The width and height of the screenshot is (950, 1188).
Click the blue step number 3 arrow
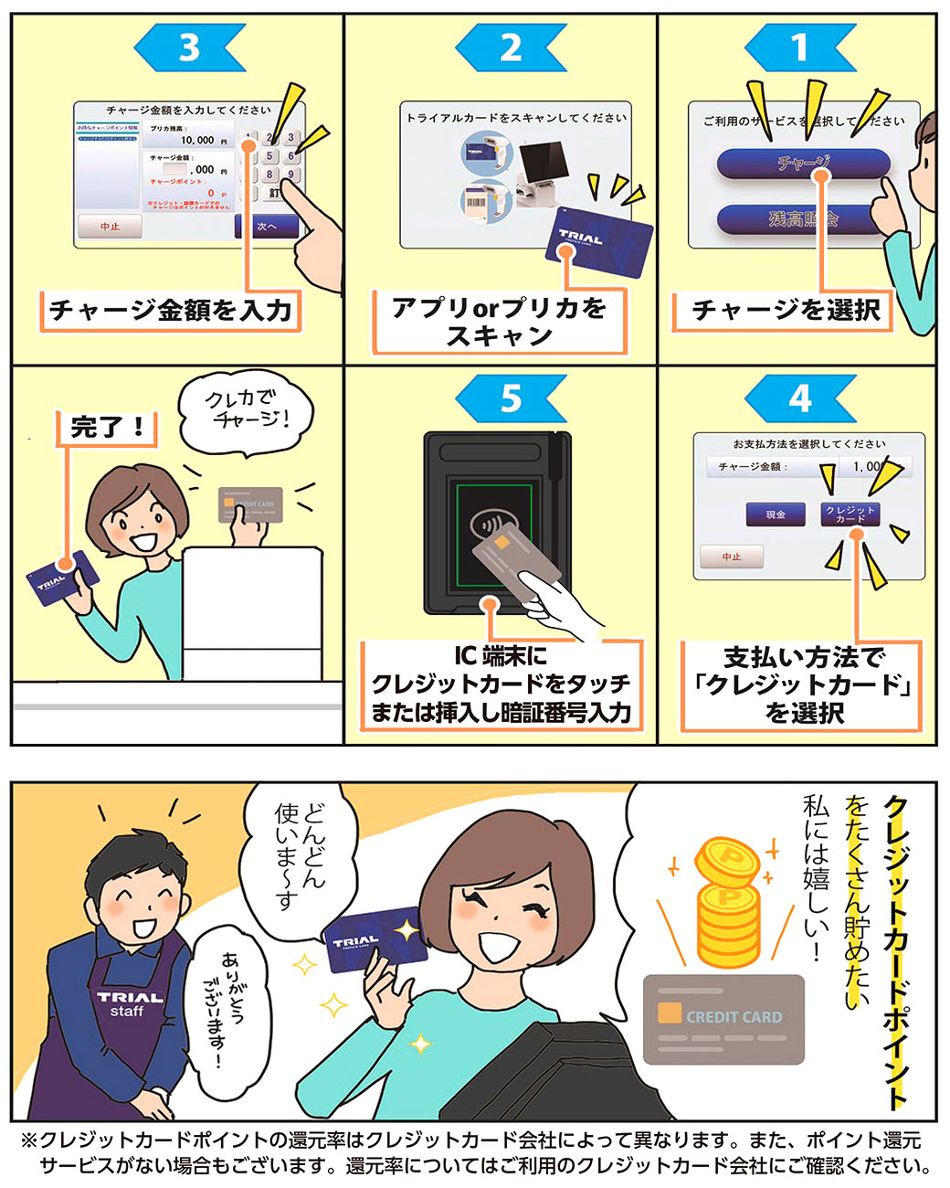(189, 48)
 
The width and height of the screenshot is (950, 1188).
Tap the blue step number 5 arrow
(511, 398)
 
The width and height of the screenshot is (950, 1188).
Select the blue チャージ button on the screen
(803, 164)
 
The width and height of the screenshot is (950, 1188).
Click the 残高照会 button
(803, 218)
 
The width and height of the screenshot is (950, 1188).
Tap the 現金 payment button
(776, 514)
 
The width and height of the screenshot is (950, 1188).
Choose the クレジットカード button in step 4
(850, 514)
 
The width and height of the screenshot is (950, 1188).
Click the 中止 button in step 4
(732, 557)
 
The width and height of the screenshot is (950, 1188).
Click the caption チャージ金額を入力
(171, 311)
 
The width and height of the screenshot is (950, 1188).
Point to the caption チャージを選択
(786, 311)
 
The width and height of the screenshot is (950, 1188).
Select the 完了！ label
(107, 427)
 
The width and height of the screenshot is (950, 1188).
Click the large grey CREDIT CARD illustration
(723, 1019)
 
